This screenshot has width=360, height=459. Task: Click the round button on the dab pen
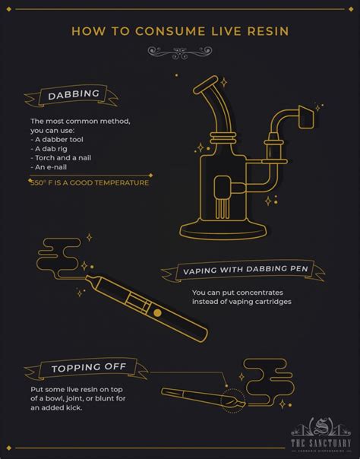157,313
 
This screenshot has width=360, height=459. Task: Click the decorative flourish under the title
180,52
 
